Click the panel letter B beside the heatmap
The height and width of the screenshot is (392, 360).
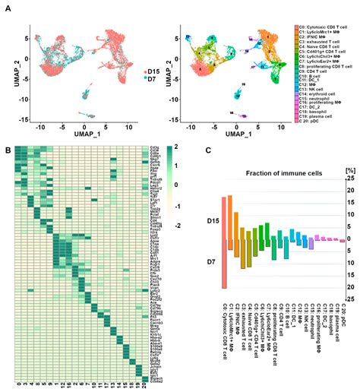[x=7, y=148]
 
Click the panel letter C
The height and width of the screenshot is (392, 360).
[x=208, y=148]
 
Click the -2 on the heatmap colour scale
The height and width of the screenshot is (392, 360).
[x=178, y=204]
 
